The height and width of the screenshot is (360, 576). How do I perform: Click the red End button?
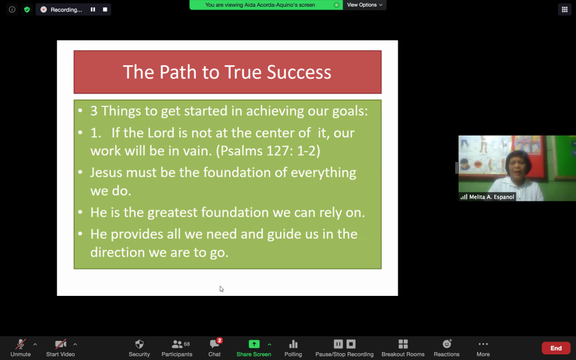[556, 348]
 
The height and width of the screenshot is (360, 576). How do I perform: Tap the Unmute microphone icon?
[21, 344]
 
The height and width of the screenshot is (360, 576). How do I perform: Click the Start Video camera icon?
[60, 344]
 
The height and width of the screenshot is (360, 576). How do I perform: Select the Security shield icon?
[139, 344]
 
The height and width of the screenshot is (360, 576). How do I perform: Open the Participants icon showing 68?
[181, 344]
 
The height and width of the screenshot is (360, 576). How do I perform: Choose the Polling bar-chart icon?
[293, 344]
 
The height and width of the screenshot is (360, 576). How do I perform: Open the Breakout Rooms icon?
[403, 344]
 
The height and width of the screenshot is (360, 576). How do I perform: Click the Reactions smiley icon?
[447, 344]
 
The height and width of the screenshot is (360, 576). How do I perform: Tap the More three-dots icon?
[483, 344]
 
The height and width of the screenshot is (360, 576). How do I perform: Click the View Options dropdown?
[364, 4]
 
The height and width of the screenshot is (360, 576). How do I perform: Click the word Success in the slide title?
[299, 72]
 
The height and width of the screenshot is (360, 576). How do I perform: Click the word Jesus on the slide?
[106, 173]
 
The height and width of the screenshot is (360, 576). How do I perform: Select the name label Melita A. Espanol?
[492, 197]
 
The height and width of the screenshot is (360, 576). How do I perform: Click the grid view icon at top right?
[565, 10]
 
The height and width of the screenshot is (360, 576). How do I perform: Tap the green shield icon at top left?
[27, 10]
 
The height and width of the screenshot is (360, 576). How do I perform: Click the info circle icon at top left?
[12, 10]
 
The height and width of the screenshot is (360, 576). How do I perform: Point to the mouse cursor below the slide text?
[222, 289]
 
